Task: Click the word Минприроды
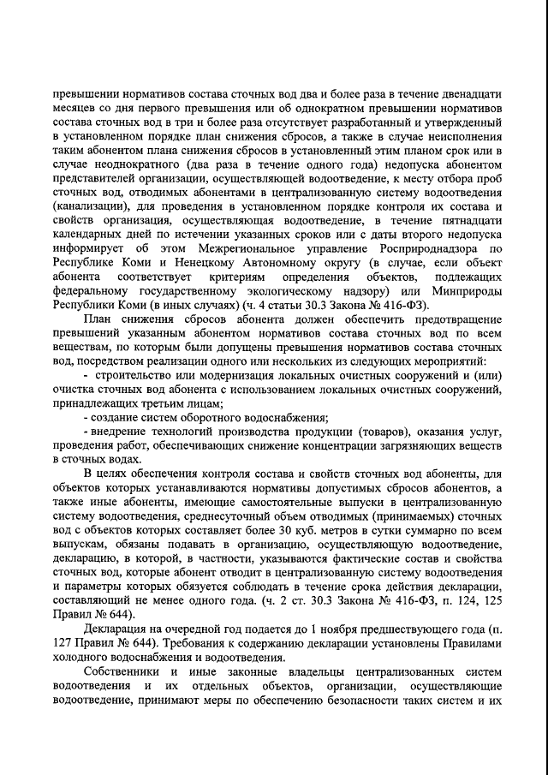pyautogui.click(x=462, y=291)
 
